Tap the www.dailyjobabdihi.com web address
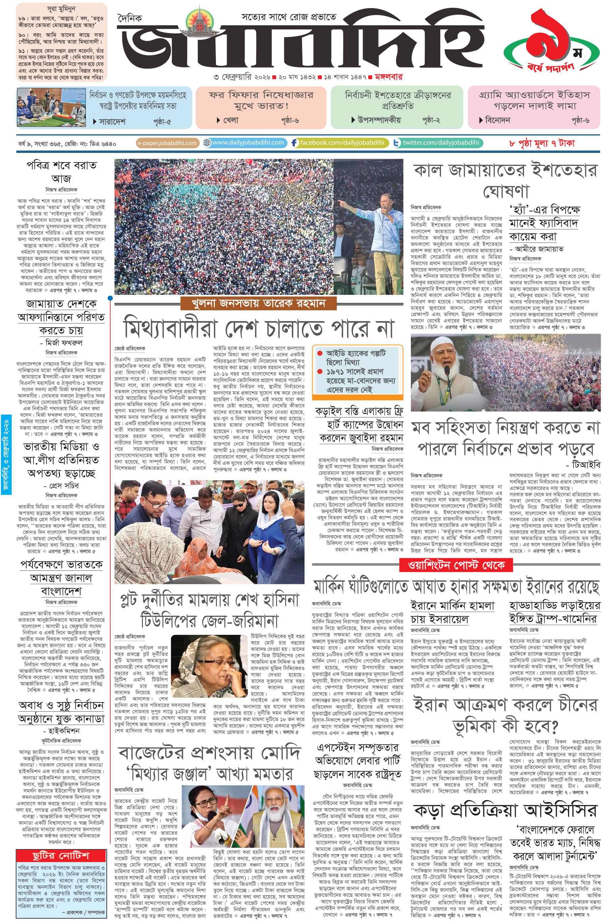pos(248,143)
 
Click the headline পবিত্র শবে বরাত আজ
pos(62,172)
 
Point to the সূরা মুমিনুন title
pos(61,9)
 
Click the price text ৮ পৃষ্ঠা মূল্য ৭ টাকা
pos(542,143)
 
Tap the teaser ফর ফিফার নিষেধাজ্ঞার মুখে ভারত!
pos(261,100)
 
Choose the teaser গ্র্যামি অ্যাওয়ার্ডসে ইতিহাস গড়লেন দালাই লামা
pos(534,100)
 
